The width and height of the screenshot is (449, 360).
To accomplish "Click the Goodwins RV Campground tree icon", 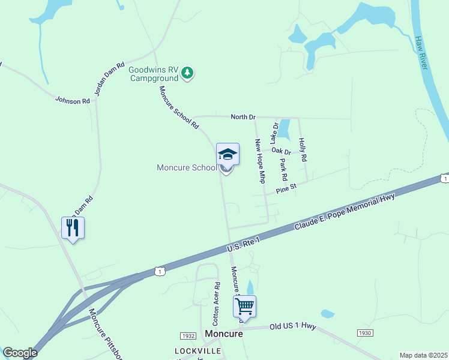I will pos(188,73).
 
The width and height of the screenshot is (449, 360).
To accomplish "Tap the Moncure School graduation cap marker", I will pos(228,155).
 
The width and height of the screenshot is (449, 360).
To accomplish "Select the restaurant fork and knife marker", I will pos(73,227).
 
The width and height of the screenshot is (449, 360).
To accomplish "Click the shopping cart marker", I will pos(244,307).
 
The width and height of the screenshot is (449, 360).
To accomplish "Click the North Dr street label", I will pos(243,116).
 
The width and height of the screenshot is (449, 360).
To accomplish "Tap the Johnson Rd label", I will pos(72,101).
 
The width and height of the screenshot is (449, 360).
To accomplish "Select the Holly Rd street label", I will pos(304,149).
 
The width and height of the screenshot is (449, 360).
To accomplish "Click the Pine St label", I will pos(286,190).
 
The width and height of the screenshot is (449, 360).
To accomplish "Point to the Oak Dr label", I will pos(281,151).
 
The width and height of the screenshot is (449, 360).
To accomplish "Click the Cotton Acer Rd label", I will pos(217,300).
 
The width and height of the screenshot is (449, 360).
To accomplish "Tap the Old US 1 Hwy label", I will pos(293,326).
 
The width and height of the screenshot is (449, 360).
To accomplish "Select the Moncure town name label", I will pos(223,334).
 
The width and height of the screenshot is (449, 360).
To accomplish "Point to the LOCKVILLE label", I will pos(198,350).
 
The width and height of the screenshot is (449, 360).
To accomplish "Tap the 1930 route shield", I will pos(364,332).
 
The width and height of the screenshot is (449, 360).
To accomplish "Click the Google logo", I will pos(20,353).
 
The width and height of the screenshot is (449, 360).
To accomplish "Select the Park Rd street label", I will pos(284,169).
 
